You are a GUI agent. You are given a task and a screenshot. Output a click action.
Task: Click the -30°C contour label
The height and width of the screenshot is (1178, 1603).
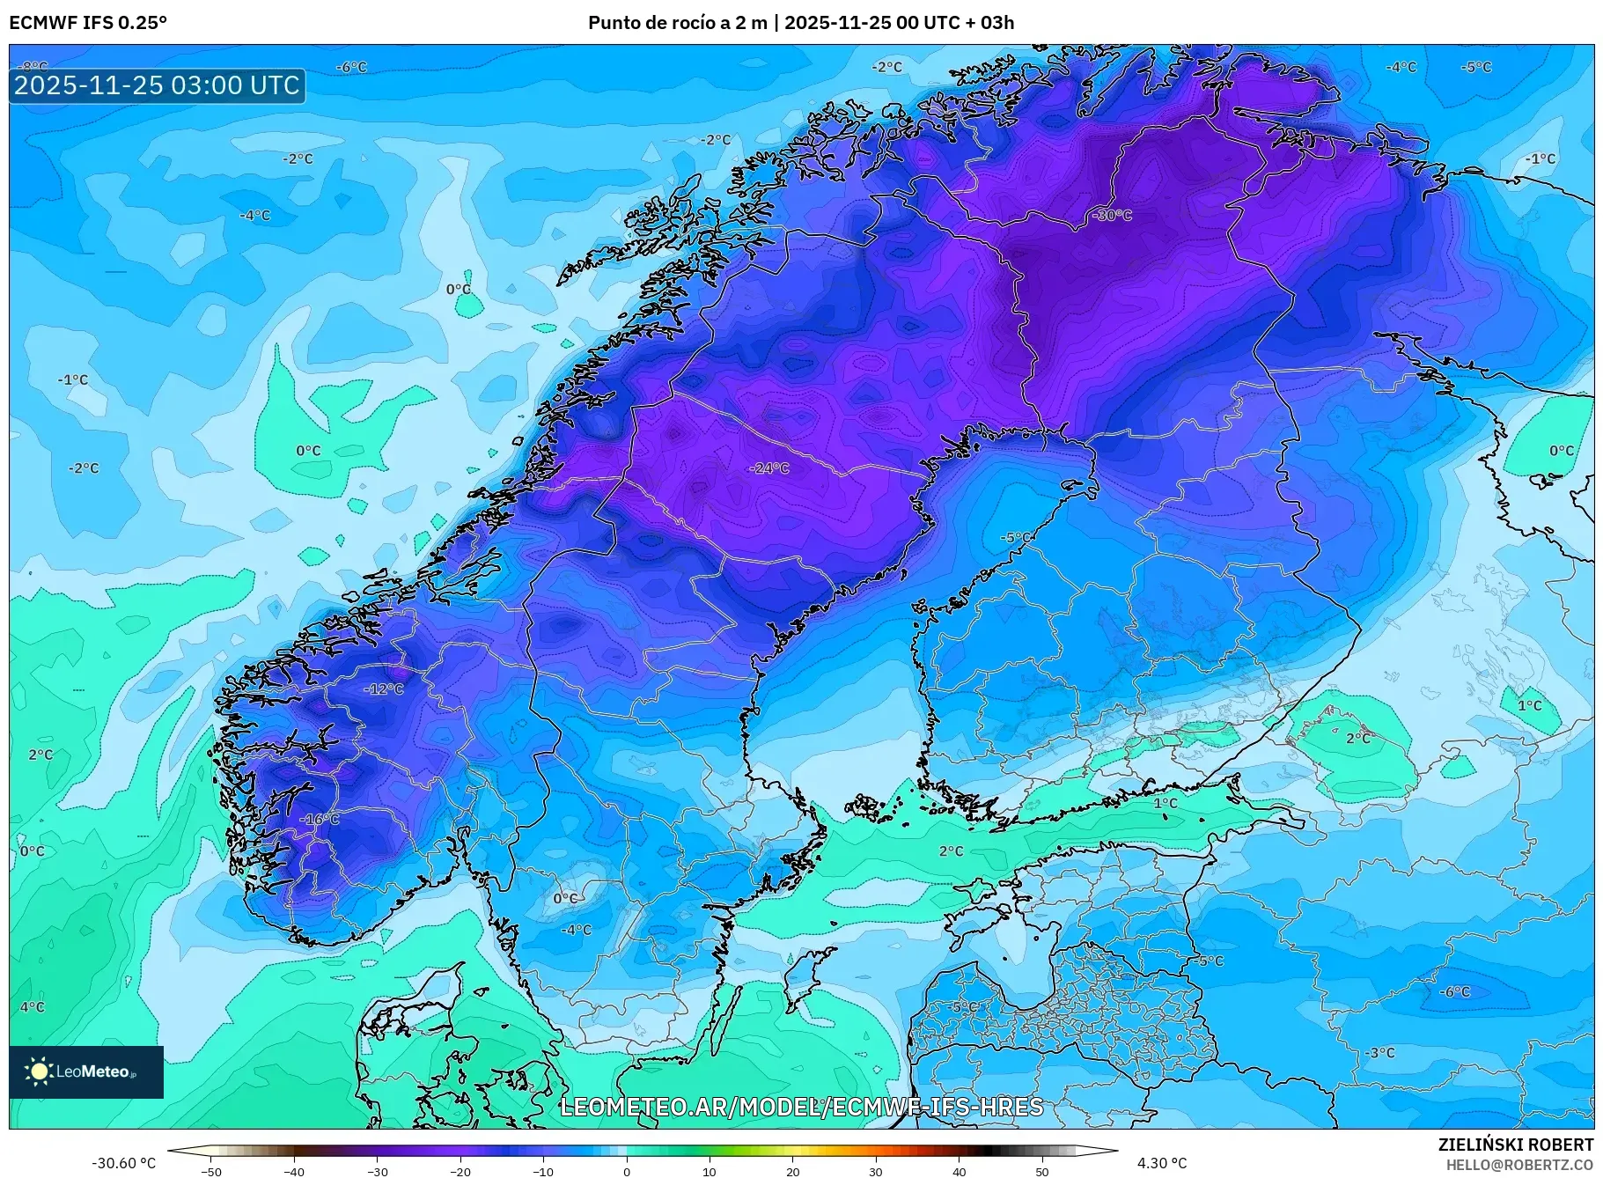click(x=1112, y=216)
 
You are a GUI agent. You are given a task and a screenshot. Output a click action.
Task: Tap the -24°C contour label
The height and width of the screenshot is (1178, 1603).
click(x=769, y=468)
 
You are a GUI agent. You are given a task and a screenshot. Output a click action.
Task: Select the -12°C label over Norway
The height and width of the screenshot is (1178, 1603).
click(x=384, y=689)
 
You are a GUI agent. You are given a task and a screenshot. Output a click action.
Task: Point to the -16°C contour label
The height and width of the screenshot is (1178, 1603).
click(x=319, y=820)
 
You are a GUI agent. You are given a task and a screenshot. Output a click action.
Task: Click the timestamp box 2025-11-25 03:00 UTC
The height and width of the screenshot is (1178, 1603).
click(x=158, y=85)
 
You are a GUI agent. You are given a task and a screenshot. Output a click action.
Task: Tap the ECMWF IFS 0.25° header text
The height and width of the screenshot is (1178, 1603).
click(x=88, y=23)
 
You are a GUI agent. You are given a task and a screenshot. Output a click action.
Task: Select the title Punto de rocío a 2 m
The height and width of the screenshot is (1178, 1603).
click(x=677, y=23)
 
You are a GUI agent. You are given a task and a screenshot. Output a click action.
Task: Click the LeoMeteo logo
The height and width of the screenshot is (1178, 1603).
click(x=86, y=1071)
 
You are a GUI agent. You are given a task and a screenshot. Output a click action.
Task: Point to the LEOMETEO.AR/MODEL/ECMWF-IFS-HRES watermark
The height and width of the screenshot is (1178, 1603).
click(x=801, y=1107)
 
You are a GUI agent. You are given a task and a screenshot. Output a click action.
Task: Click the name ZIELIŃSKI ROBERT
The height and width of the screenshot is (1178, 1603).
click(x=1515, y=1145)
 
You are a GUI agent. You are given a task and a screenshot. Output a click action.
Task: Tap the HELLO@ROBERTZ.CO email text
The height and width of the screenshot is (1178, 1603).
click(x=1519, y=1165)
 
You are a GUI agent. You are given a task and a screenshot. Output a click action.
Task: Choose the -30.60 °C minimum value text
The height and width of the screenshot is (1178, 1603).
click(x=123, y=1163)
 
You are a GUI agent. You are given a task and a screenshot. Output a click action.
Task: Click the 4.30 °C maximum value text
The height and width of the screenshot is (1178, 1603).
click(x=1162, y=1163)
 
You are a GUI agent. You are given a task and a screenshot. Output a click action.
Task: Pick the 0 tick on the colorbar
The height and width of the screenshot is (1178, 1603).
click(x=627, y=1172)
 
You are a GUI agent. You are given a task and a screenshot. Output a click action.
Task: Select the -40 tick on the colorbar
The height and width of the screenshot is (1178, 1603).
click(x=294, y=1172)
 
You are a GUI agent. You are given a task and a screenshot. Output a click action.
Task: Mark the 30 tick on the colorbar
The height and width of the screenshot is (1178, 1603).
click(x=876, y=1172)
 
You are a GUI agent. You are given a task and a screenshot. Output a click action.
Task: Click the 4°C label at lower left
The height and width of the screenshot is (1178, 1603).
click(x=32, y=1007)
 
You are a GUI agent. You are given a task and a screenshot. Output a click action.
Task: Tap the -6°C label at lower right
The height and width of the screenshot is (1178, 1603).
click(x=1454, y=992)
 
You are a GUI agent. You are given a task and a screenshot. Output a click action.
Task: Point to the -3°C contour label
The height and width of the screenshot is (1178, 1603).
click(x=1379, y=1053)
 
